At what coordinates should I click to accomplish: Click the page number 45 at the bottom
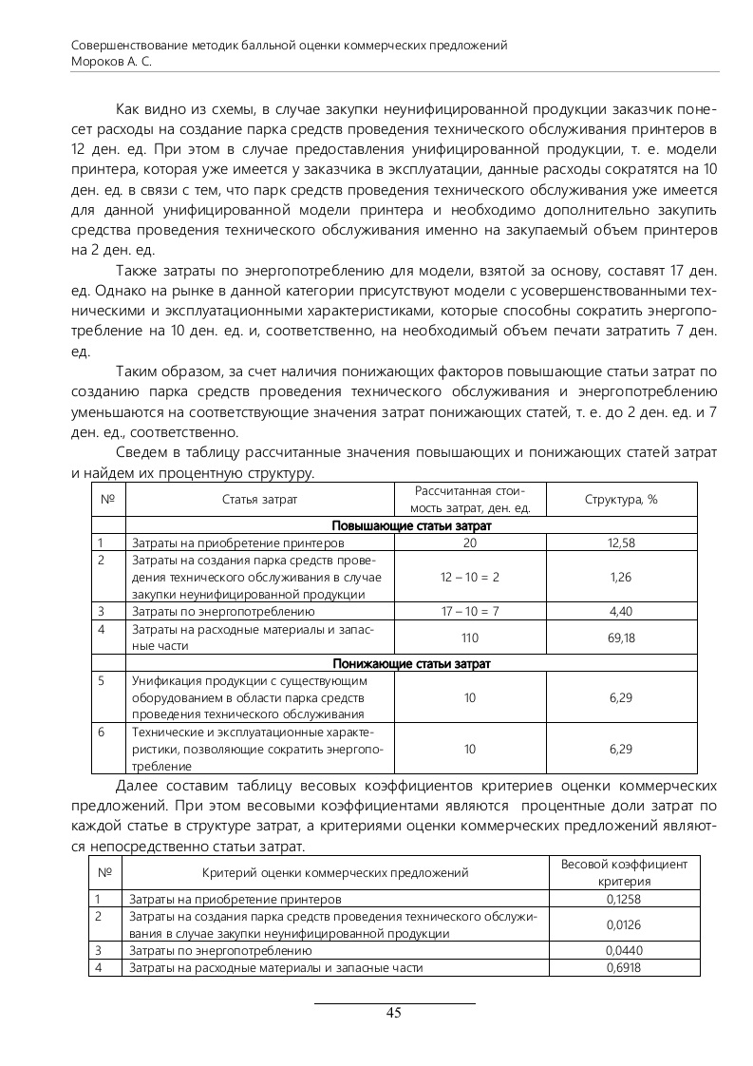point(394,1013)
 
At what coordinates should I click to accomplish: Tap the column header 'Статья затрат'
point(260,499)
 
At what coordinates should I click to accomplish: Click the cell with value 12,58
point(621,543)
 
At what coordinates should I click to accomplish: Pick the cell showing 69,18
point(621,638)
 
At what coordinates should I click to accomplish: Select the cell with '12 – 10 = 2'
point(469,577)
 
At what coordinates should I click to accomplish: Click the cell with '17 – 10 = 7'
point(469,611)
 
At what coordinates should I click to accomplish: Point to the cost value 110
point(469,638)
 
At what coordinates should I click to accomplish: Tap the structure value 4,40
point(621,611)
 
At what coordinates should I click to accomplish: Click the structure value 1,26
point(621,577)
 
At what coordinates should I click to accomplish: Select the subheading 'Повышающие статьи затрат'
point(411,525)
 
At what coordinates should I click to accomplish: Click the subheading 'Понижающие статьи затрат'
point(411,663)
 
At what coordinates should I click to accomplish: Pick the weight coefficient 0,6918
point(623,967)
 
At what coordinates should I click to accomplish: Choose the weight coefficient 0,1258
point(623,898)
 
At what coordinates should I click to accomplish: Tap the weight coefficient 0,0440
point(623,950)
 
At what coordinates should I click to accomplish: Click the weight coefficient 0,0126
point(623,923)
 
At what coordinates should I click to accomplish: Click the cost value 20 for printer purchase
point(469,543)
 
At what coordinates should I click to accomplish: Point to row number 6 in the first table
point(101,732)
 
